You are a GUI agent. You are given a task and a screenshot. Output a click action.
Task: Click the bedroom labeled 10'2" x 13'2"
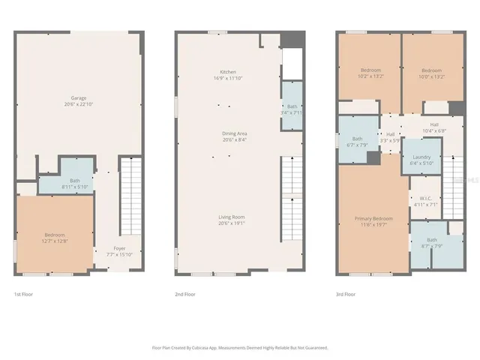[x=370, y=73]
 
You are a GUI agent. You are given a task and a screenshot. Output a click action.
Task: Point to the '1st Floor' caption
[x=25, y=295]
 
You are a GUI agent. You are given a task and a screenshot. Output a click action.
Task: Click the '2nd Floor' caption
[x=185, y=295]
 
